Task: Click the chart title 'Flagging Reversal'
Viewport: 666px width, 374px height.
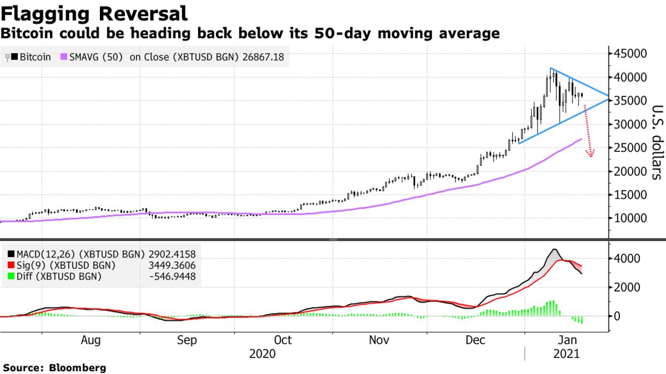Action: click(x=94, y=13)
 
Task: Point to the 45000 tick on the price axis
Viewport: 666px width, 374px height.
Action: click(x=629, y=54)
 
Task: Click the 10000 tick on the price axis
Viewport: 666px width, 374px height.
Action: click(x=629, y=219)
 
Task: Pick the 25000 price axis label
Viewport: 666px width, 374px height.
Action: click(x=629, y=148)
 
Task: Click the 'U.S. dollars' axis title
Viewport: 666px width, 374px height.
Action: click(x=656, y=142)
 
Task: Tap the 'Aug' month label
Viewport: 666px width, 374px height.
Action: click(x=91, y=340)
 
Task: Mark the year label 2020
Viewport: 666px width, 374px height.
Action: click(x=263, y=354)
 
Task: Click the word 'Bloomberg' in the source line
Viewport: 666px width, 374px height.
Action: click(x=77, y=368)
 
